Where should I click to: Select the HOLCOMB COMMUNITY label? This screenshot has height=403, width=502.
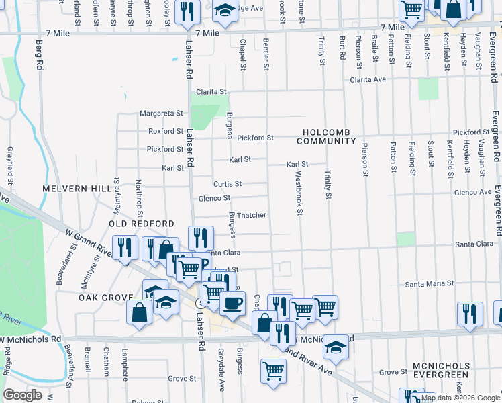(x=328, y=136)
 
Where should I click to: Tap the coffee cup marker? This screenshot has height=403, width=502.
(x=232, y=303)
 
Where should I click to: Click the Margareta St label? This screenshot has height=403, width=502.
(x=161, y=114)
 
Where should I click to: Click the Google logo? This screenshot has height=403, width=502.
(x=23, y=395)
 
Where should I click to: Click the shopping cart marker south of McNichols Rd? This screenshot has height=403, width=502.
(x=273, y=370)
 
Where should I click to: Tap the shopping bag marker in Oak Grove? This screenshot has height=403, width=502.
(x=140, y=312)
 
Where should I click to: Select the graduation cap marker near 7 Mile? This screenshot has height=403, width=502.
(x=225, y=11)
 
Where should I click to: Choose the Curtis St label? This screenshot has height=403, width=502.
(x=228, y=184)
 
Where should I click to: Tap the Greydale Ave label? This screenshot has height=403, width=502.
(x=220, y=363)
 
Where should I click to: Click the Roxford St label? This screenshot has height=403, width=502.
(x=166, y=132)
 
